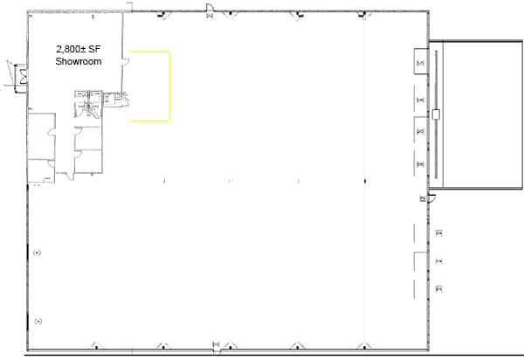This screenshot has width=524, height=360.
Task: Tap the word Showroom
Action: (x=79, y=63)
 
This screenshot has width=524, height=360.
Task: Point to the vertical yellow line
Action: (x=169, y=85)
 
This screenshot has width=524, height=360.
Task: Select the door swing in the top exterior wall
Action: (x=210, y=10)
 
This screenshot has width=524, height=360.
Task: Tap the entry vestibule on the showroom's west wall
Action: (x=15, y=74)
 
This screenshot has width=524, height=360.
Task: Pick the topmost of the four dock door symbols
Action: (x=421, y=62)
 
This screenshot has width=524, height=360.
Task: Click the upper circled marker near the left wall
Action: (x=38, y=253)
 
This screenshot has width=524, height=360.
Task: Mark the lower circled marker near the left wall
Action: (x=38, y=321)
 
